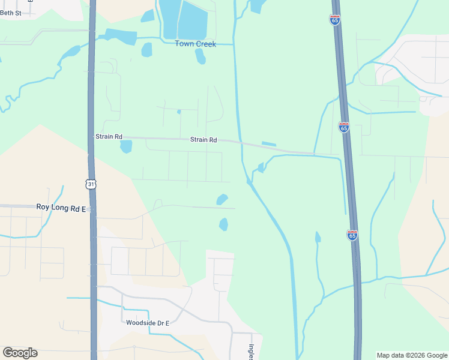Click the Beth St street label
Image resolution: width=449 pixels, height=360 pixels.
(x=11, y=13)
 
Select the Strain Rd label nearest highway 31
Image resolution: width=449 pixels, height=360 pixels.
(x=109, y=137)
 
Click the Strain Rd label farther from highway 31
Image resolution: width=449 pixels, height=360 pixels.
(x=203, y=140)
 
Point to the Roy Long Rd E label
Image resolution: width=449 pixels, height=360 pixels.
(x=61, y=207)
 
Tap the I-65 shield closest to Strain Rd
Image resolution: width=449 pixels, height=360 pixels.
(x=343, y=127)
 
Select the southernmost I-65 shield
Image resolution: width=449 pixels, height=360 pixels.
(x=352, y=235)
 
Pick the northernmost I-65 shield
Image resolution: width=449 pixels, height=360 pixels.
(x=334, y=19)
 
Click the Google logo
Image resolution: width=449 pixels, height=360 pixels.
(x=20, y=353)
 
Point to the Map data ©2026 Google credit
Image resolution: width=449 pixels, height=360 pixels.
(x=412, y=355)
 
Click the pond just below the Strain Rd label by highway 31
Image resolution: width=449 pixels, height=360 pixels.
(x=126, y=146)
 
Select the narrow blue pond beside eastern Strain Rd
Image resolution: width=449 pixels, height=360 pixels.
(x=269, y=143)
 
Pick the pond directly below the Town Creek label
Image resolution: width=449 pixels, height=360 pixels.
(x=200, y=56)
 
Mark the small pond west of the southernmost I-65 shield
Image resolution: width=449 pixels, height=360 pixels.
(x=318, y=238)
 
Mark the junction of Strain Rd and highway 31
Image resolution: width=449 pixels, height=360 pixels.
(x=92, y=137)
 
